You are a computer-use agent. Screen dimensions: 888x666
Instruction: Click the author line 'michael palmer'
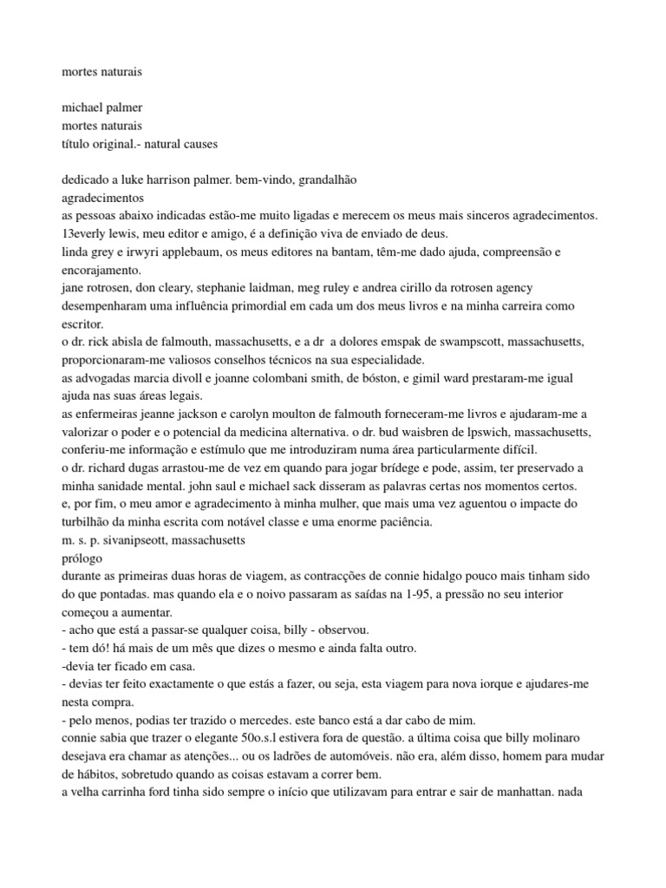pyautogui.click(x=101, y=108)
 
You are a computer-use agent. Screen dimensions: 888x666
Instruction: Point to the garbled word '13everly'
pyautogui.click(x=83, y=233)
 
